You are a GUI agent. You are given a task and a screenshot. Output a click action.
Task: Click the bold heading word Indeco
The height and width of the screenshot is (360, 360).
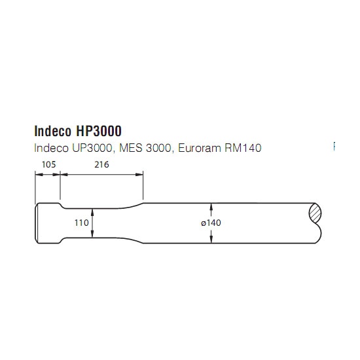click(x=53, y=131)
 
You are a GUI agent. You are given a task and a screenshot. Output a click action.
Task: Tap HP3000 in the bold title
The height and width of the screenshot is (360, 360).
click(x=99, y=131)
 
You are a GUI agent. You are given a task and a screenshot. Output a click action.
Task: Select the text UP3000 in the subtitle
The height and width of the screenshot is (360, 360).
click(x=92, y=148)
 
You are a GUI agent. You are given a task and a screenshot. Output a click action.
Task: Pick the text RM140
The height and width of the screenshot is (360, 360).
click(x=243, y=148)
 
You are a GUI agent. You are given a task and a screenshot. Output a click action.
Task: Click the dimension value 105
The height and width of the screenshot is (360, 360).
click(x=48, y=164)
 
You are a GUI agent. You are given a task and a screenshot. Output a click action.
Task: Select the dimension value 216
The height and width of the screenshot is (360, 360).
click(x=101, y=164)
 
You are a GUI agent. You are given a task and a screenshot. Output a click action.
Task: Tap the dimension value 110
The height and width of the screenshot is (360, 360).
click(x=82, y=223)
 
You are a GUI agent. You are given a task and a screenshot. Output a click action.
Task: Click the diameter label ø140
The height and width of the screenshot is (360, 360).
click(x=211, y=223)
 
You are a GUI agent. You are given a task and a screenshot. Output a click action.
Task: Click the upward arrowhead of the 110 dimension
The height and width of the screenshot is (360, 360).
click(x=92, y=212)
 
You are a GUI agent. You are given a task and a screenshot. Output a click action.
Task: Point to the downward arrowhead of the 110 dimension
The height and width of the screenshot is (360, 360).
click(x=92, y=234)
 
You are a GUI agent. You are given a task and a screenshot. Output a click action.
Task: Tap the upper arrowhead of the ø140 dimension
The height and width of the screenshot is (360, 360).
click(x=211, y=207)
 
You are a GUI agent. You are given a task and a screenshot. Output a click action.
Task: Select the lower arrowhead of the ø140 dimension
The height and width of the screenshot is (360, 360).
click(x=211, y=239)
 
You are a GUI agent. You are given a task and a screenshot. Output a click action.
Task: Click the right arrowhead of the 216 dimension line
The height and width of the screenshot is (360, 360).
click(x=139, y=175)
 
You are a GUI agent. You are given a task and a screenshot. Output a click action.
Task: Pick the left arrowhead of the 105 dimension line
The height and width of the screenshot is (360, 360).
click(x=39, y=175)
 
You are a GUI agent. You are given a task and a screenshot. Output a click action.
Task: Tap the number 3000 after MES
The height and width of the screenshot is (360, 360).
click(x=158, y=148)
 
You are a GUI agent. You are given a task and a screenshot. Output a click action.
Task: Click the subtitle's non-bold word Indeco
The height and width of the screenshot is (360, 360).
click(x=51, y=148)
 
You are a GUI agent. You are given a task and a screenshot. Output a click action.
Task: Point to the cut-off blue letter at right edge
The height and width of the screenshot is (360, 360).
click(x=334, y=146)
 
